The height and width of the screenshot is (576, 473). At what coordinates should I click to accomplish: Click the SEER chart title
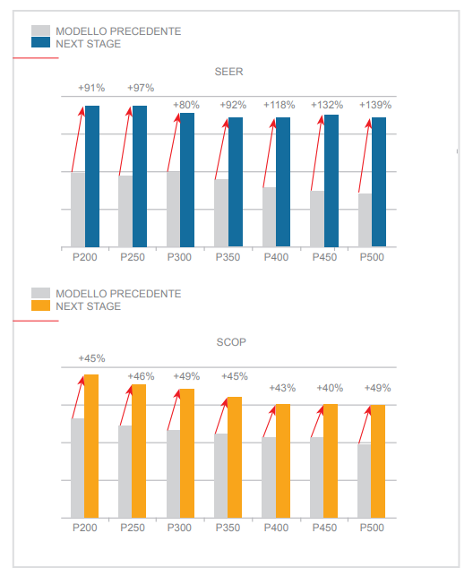pyautogui.click(x=228, y=72)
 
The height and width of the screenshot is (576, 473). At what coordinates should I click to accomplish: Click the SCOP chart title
pyautogui.click(x=231, y=342)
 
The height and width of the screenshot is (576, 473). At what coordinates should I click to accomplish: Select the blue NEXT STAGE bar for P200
pyautogui.click(x=92, y=176)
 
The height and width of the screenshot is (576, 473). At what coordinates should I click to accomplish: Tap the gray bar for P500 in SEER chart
pyautogui.click(x=365, y=220)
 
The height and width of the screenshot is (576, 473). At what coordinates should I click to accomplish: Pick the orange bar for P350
pyautogui.click(x=235, y=458)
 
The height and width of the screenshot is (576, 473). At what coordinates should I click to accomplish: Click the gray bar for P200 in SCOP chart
pyautogui.click(x=77, y=468)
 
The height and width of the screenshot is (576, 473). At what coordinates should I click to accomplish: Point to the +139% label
pyautogui.click(x=375, y=105)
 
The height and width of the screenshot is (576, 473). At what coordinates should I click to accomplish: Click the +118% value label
pyautogui.click(x=279, y=105)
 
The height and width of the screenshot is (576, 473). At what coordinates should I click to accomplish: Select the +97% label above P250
pyautogui.click(x=141, y=88)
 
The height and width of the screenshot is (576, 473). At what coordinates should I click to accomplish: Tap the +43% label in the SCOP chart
pyautogui.click(x=282, y=388)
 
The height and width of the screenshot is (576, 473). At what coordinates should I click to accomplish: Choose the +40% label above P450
pyautogui.click(x=330, y=388)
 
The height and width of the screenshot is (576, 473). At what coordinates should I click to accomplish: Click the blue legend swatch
pyautogui.click(x=41, y=42)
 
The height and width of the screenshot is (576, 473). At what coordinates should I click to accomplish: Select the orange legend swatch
pyautogui.click(x=41, y=305)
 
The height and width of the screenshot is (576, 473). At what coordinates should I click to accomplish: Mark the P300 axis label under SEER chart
pyautogui.click(x=179, y=257)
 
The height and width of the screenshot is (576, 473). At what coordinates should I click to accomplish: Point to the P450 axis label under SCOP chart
pyautogui.click(x=324, y=528)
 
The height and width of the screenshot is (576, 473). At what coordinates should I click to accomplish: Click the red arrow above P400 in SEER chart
pyautogui.click(x=269, y=153)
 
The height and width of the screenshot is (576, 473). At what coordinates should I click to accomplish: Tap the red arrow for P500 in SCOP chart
pyautogui.click(x=365, y=425)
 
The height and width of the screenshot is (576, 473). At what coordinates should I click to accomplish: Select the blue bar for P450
pyautogui.click(x=331, y=181)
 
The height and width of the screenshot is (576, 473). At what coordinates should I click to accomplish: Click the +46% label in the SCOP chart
pyautogui.click(x=141, y=376)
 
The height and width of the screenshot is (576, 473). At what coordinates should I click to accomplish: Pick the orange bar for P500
pyautogui.click(x=378, y=461)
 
